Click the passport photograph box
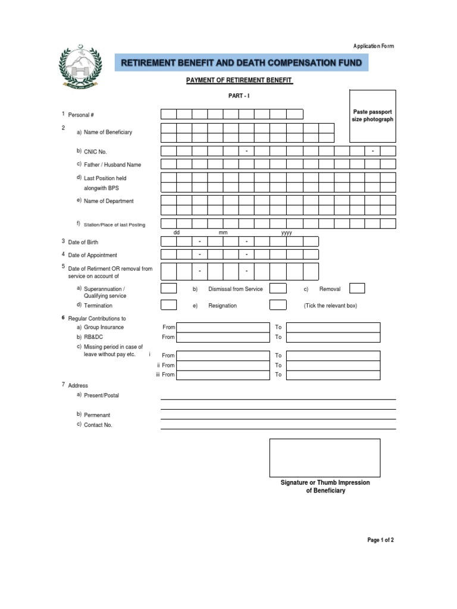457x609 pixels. point(373,116)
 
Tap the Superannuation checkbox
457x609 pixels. point(169,288)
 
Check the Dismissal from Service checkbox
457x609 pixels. point(278,288)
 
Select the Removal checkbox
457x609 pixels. point(357,288)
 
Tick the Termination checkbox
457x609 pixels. point(169,305)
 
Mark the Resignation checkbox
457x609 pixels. point(278,305)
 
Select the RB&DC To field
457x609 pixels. point(333,337)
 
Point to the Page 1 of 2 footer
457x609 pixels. point(380,540)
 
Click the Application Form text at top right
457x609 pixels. point(373,46)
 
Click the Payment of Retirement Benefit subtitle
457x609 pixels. point(240,80)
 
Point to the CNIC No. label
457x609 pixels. point(95,152)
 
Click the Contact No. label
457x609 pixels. point(98,425)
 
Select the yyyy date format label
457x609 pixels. point(286,233)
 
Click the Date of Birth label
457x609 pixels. point(83,242)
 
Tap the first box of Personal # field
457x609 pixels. point(168,114)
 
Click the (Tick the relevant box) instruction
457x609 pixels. point(330,306)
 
